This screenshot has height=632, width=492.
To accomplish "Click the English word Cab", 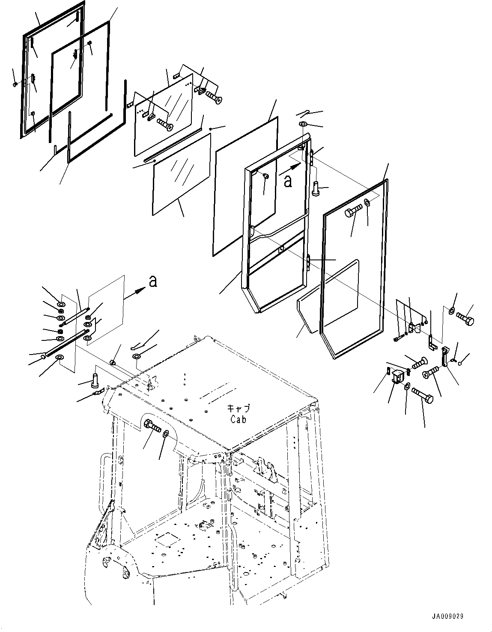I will click(x=238, y=420).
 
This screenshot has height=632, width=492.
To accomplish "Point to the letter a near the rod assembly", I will click(x=152, y=281).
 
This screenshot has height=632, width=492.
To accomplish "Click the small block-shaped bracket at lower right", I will click(x=397, y=377).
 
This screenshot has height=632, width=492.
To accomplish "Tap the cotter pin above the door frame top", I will click(x=304, y=113).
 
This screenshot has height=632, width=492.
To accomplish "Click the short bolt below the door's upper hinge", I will click(x=316, y=189).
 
